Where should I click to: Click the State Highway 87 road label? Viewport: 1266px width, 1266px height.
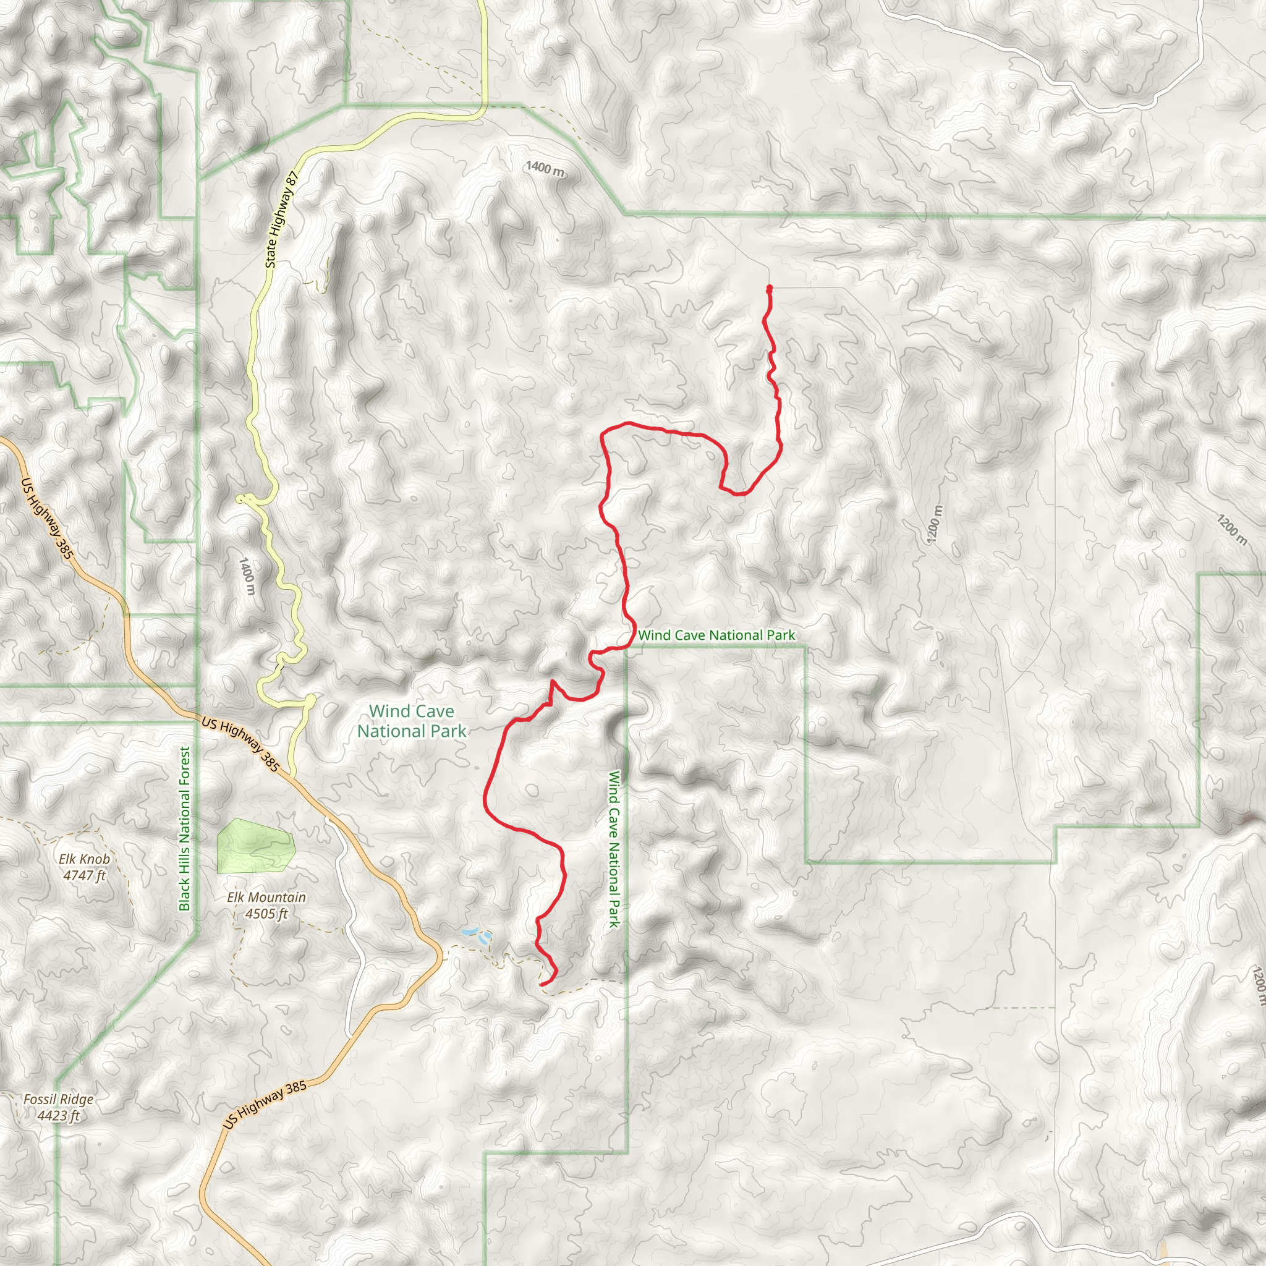pyautogui.click(x=281, y=219)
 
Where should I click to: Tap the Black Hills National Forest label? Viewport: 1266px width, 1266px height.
pyautogui.click(x=184, y=828)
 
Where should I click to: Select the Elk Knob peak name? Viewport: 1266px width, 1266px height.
pyautogui.click(x=85, y=859)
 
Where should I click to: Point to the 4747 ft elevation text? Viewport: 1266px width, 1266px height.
pyautogui.click(x=85, y=875)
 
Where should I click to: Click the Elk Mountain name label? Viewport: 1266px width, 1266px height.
pyautogui.click(x=266, y=897)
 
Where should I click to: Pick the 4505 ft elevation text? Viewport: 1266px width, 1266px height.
pyautogui.click(x=266, y=913)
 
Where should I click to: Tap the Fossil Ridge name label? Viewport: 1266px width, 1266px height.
pyautogui.click(x=58, y=1099)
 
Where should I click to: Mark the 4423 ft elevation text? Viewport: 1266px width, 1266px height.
pyautogui.click(x=58, y=1115)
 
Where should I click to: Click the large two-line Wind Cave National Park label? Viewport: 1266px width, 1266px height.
pyautogui.click(x=412, y=721)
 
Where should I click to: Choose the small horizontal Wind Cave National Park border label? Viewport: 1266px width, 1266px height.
pyautogui.click(x=716, y=635)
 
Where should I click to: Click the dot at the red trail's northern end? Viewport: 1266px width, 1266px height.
pyautogui.click(x=769, y=287)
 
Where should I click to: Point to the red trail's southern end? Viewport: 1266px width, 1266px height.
pyautogui.click(x=542, y=984)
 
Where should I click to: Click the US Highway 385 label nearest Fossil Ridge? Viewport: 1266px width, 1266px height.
pyautogui.click(x=265, y=1105)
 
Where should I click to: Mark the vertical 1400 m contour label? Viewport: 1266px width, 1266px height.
pyautogui.click(x=247, y=576)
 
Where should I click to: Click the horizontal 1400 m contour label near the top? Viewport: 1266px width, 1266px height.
pyautogui.click(x=545, y=168)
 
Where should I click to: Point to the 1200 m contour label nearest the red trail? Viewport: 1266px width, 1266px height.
pyautogui.click(x=935, y=524)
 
